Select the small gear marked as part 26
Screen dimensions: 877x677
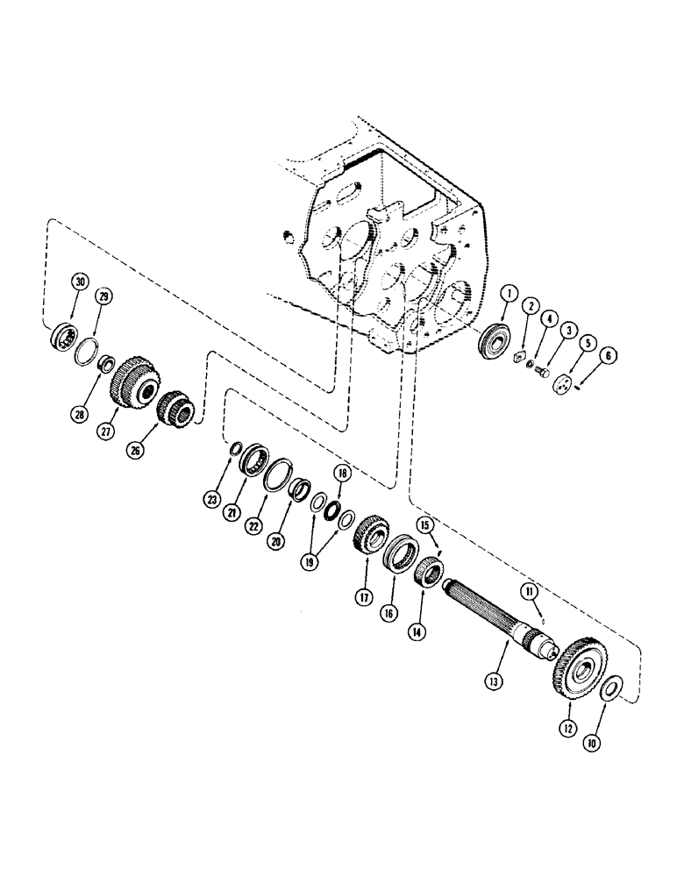174,406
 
